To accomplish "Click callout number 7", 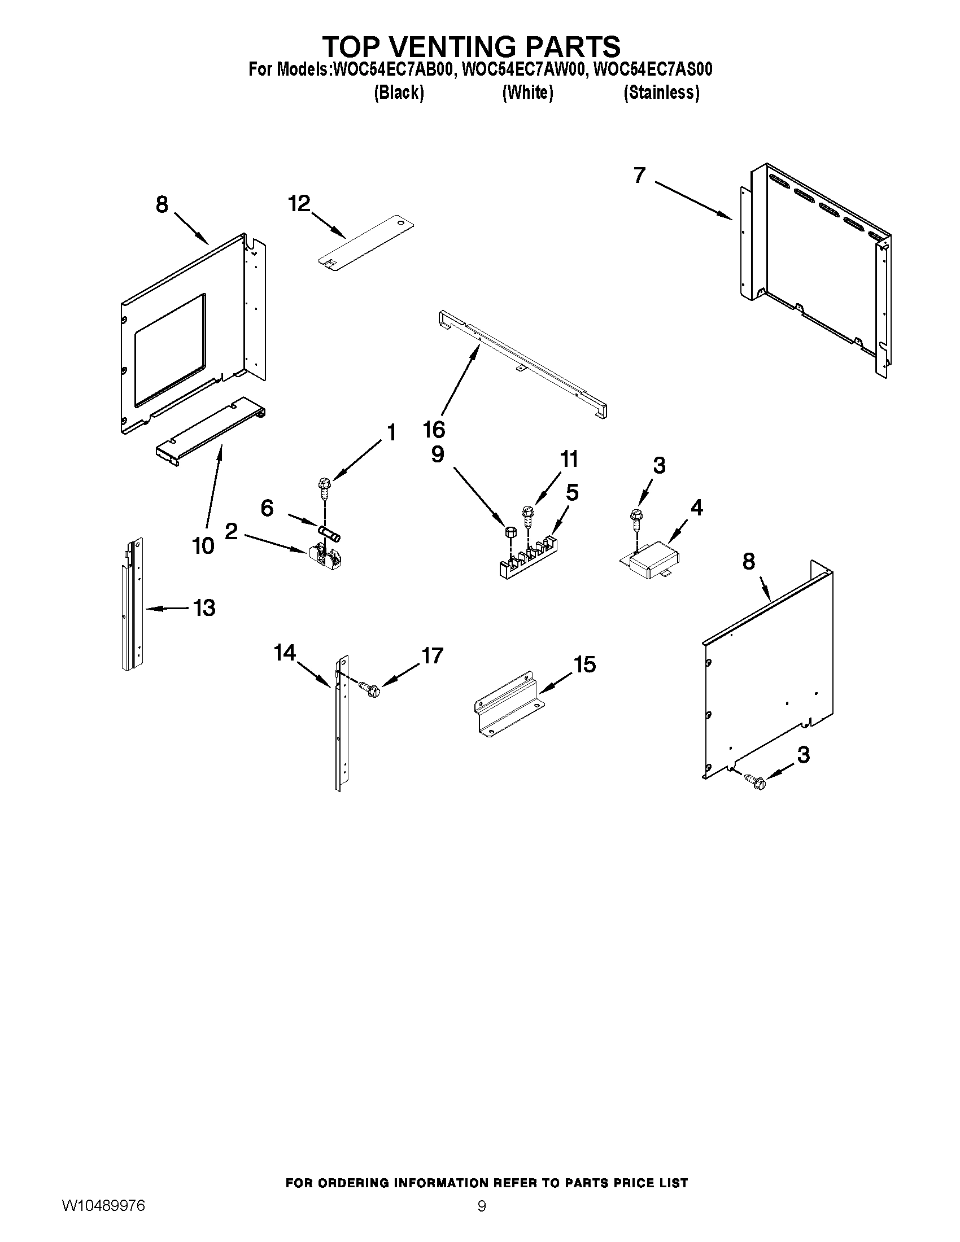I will [x=639, y=175].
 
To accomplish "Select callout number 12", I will [x=299, y=203].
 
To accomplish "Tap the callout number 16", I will [x=434, y=430].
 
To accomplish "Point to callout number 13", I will [x=204, y=608].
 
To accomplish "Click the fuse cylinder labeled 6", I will [x=330, y=535].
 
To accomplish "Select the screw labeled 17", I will [x=370, y=689].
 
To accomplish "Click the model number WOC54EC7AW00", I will [x=523, y=69].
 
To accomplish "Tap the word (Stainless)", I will [x=661, y=92].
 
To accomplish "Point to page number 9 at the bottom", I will [x=481, y=1206].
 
